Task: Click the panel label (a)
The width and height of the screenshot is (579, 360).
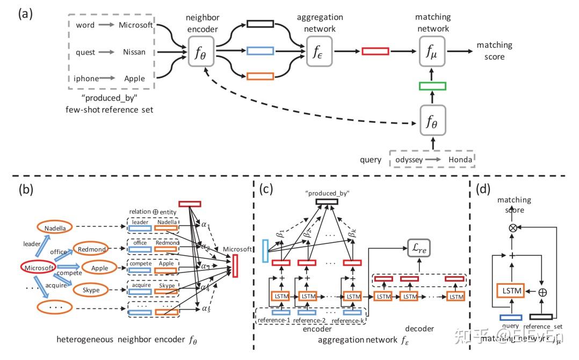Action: (x=26, y=14)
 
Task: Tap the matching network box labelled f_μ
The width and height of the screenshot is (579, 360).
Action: (x=432, y=52)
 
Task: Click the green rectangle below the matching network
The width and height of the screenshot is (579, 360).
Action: (x=432, y=86)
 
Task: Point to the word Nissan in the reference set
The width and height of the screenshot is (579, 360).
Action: (x=134, y=52)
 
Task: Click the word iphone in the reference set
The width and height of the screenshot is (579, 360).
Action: (x=86, y=78)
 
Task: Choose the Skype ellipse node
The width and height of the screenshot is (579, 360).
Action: (x=91, y=290)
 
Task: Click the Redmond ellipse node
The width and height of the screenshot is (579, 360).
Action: (x=91, y=249)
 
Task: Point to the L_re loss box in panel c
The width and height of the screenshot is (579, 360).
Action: (x=418, y=248)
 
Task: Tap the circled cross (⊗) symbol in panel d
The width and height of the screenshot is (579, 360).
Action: (x=513, y=228)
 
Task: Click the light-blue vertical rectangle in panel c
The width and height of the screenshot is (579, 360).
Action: (x=264, y=251)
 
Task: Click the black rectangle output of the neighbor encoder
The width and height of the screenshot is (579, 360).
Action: (x=260, y=24)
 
